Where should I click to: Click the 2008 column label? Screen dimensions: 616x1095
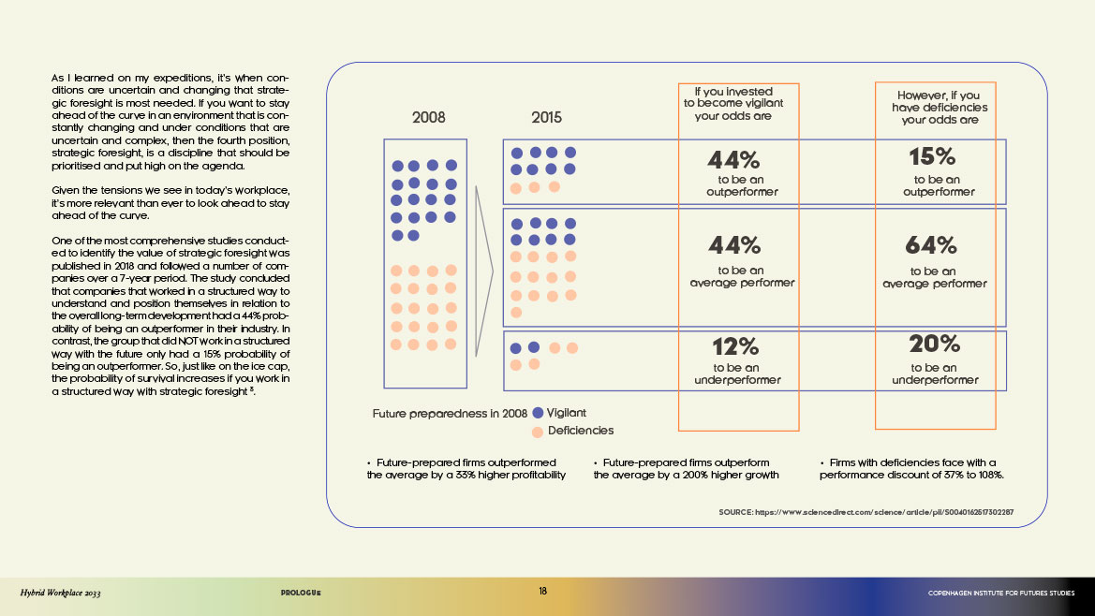(x=428, y=118)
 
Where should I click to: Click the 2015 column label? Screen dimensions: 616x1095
(x=547, y=118)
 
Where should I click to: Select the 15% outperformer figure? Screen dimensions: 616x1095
(x=931, y=156)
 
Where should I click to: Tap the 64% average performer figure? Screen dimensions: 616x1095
(x=931, y=245)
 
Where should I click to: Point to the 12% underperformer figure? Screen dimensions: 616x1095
(x=735, y=345)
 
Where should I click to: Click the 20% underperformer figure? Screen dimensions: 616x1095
(x=934, y=345)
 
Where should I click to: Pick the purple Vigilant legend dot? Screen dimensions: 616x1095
(x=538, y=413)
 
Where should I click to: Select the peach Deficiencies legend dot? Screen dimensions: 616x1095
(x=538, y=432)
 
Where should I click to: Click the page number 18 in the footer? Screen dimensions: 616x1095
(x=543, y=592)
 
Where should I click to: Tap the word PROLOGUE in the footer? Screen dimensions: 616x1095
(x=301, y=593)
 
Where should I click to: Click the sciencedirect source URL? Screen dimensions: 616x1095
(x=866, y=512)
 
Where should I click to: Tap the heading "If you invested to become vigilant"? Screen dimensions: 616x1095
(x=739, y=104)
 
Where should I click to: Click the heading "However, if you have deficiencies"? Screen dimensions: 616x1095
(x=939, y=108)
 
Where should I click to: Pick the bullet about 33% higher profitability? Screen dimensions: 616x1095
(x=466, y=469)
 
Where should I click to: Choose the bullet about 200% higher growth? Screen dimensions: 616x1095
(x=686, y=469)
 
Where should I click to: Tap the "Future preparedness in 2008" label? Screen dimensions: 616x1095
(x=450, y=413)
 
